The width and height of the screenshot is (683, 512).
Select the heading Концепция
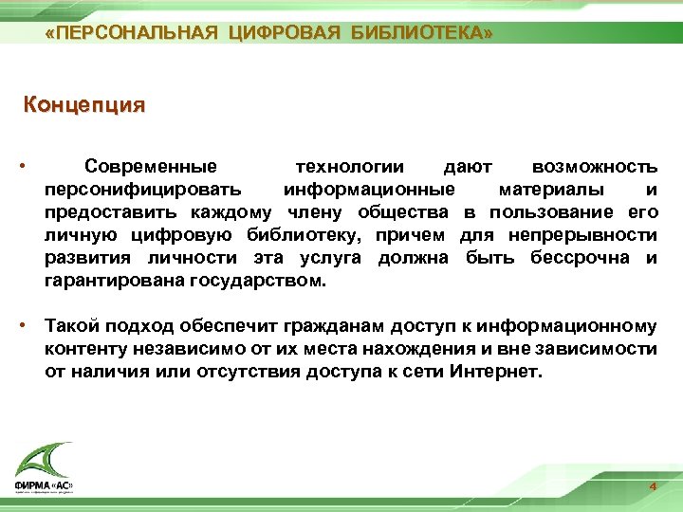[84, 104]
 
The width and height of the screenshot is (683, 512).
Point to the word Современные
[151, 167]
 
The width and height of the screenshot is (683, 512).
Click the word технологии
[350, 167]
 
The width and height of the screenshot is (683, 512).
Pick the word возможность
[595, 167]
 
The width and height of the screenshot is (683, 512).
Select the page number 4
[653, 486]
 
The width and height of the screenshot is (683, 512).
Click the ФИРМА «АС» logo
[43, 469]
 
